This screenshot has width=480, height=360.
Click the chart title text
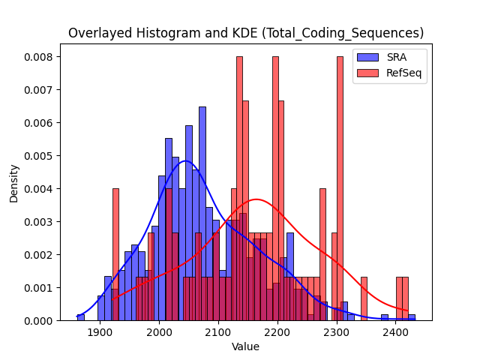246,33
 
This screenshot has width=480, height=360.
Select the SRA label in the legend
397,57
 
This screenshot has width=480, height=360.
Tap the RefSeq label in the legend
403,73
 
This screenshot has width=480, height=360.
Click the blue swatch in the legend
367,57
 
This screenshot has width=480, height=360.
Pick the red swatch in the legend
367,73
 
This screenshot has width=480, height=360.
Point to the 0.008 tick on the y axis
38,57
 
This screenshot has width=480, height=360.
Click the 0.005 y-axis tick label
38,156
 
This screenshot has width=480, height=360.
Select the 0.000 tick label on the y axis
38,321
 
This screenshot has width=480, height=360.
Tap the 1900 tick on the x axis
100,332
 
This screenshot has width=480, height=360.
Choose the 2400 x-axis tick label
396,332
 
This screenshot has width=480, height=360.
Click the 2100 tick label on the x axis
218,332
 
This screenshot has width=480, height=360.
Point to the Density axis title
13,184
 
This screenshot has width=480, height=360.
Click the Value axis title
245,346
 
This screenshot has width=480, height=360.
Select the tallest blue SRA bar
202,214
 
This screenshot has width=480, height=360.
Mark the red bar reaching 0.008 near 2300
340,188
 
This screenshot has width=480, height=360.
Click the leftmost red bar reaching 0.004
115,254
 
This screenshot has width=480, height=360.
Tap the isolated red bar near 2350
364,298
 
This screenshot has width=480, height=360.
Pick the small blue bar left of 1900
81,317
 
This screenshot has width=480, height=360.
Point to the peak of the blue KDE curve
185,160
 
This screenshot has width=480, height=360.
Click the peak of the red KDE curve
256,199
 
